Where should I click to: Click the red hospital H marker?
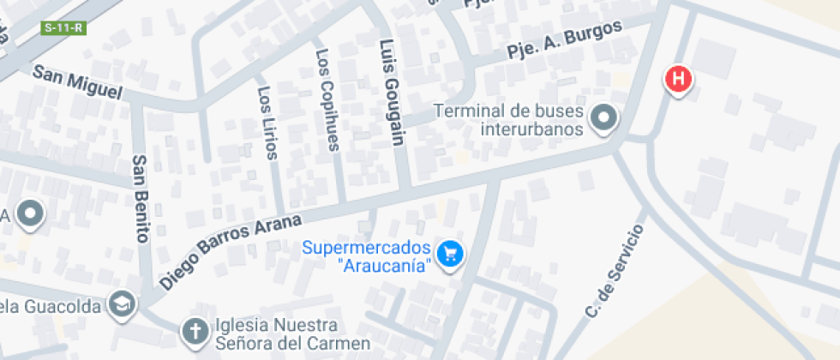point(678,80)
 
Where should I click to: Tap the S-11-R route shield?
point(64,27)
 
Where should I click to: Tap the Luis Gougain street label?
point(391,92)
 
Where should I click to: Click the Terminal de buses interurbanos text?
point(509,120)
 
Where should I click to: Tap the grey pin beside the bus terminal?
point(605,118)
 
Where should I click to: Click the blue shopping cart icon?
point(449,254)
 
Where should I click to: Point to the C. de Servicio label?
point(614,272)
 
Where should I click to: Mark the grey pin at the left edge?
point(32,213)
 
